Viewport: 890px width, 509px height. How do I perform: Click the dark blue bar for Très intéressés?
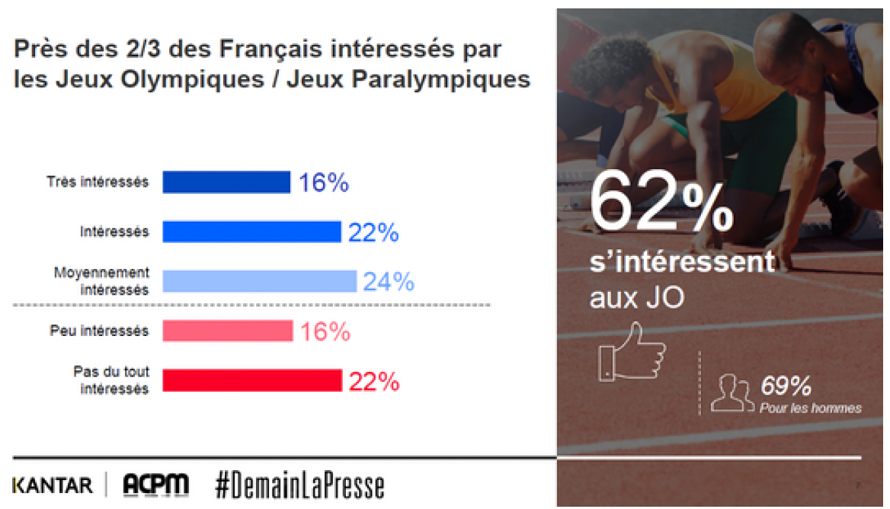[226, 182]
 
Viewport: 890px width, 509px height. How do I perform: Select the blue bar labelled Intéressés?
[251, 232]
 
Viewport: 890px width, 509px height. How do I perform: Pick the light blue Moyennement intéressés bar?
[259, 281]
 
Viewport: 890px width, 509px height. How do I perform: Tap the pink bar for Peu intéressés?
[227, 331]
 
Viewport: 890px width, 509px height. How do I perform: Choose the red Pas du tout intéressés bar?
[251, 380]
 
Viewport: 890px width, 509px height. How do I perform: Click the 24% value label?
[389, 282]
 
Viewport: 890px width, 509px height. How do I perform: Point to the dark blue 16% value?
[323, 183]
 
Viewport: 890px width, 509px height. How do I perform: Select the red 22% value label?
[374, 381]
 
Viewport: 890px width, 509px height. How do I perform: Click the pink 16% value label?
[325, 331]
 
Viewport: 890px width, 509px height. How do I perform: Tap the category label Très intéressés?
[98, 183]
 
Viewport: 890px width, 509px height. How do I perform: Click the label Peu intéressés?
[100, 331]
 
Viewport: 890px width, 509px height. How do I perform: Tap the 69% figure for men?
[786, 386]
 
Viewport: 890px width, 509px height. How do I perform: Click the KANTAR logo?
[52, 485]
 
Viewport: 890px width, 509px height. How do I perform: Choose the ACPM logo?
[155, 485]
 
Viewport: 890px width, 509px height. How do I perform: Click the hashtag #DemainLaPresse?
[299, 485]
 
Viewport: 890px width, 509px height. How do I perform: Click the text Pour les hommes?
[810, 408]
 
